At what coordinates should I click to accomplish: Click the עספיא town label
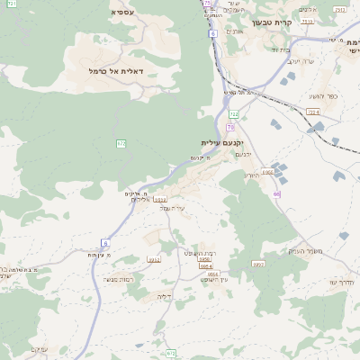(x=123, y=13)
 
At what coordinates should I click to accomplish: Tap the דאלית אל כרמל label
(x=110, y=70)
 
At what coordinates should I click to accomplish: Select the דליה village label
(x=164, y=295)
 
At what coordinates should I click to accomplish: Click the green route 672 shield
(x=121, y=143)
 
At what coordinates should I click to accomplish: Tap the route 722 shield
(x=234, y=114)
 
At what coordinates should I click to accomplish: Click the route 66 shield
(x=276, y=193)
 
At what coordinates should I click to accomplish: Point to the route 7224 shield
(x=313, y=112)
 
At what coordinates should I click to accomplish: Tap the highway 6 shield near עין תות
(x=104, y=243)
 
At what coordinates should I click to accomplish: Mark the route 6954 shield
(x=206, y=266)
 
